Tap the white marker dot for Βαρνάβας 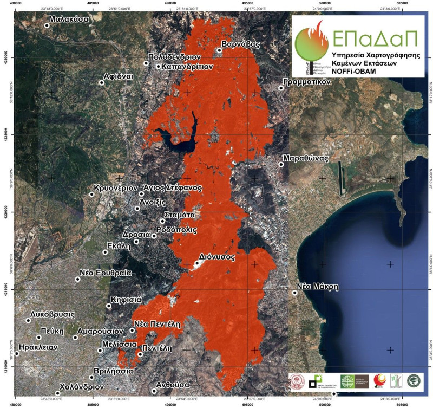coord(219,50)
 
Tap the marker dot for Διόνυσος coord(196,262)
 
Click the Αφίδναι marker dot coord(101,82)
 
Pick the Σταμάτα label coord(181,215)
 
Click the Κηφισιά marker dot coord(109,306)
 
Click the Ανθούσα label coord(173,384)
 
